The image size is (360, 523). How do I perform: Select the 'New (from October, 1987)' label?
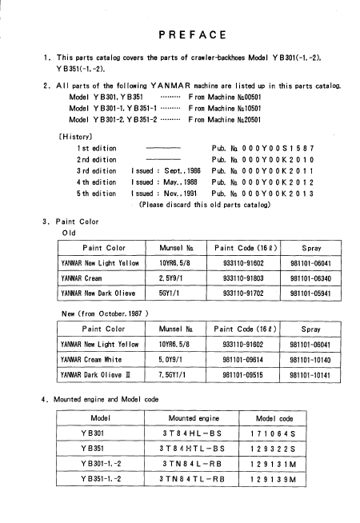pos(106,313)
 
